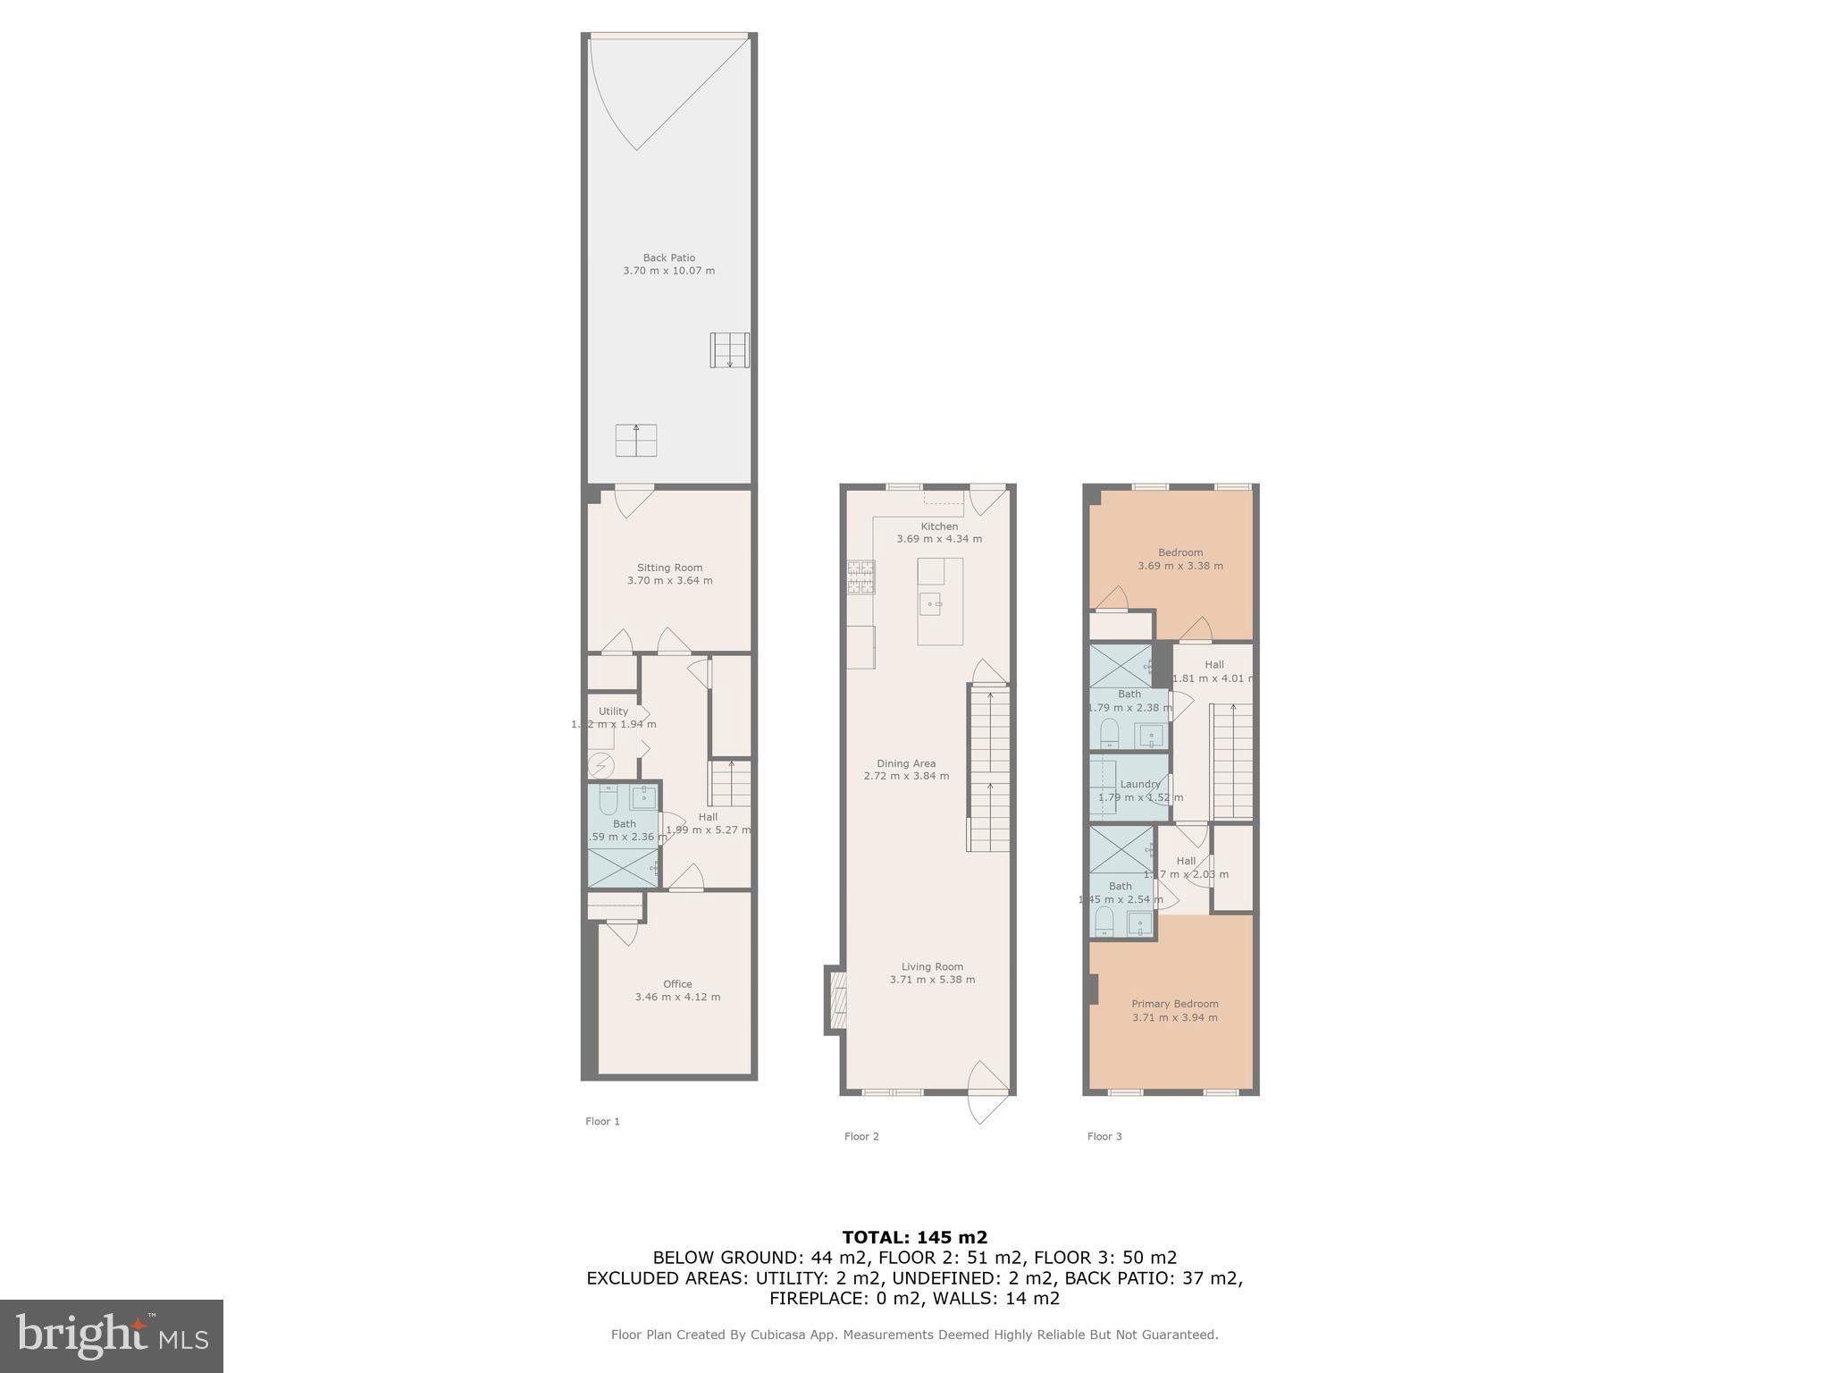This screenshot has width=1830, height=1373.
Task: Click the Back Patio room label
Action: [x=668, y=257]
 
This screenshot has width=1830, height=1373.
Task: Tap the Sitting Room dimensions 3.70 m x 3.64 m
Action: [x=669, y=580]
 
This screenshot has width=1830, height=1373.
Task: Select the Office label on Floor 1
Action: [x=677, y=984]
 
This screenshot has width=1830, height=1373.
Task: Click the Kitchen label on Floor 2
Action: [x=939, y=526]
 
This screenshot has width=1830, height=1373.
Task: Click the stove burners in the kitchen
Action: [x=861, y=577]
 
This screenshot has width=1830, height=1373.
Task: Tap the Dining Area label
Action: [x=906, y=763]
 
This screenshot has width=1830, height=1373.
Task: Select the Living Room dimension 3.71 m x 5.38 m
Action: [x=932, y=980]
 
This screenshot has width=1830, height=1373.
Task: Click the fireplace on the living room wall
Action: [x=837, y=1000]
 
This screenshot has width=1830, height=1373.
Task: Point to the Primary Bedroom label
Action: [x=1174, y=1004]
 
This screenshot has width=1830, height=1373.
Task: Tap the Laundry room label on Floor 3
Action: [x=1139, y=784]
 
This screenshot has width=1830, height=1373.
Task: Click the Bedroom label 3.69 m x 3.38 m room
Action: [x=1180, y=552]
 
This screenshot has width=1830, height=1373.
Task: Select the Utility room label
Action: [x=613, y=712]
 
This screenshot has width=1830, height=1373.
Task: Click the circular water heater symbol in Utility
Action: [x=601, y=766]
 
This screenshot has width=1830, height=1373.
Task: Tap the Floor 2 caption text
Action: [x=861, y=1136]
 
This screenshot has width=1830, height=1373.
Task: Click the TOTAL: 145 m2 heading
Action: [x=914, y=1237]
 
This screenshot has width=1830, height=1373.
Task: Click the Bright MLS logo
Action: [x=112, y=1335]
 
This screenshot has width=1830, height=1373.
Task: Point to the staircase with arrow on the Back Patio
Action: [x=729, y=350]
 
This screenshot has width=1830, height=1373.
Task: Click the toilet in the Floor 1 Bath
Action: [x=608, y=801]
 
